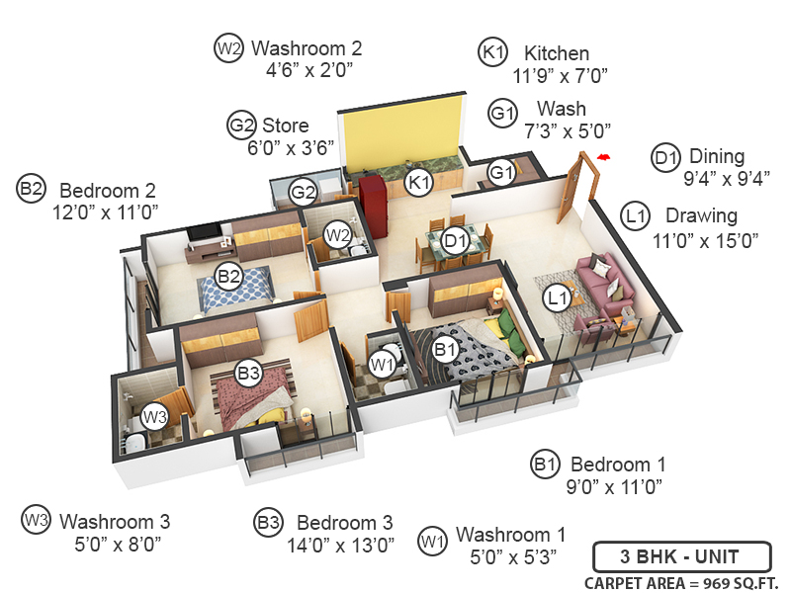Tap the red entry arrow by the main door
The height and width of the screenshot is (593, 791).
pyautogui.click(x=602, y=155)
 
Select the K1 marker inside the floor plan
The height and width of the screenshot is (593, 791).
pyautogui.click(x=420, y=182)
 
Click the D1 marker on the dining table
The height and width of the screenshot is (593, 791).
pyautogui.click(x=455, y=239)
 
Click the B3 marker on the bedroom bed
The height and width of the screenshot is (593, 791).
pyautogui.click(x=248, y=374)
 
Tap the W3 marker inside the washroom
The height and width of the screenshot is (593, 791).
pyautogui.click(x=153, y=417)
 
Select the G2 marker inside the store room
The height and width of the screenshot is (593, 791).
pyautogui.click(x=303, y=191)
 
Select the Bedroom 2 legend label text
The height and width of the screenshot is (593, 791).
pyautogui.click(x=108, y=190)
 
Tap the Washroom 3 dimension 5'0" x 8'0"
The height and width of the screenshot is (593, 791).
pyautogui.click(x=117, y=543)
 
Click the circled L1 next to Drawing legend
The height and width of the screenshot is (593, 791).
pyautogui.click(x=634, y=215)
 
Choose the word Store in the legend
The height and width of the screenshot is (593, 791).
pyautogui.click(x=285, y=126)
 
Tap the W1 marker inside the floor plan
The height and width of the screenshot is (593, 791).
pyautogui.click(x=383, y=365)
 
